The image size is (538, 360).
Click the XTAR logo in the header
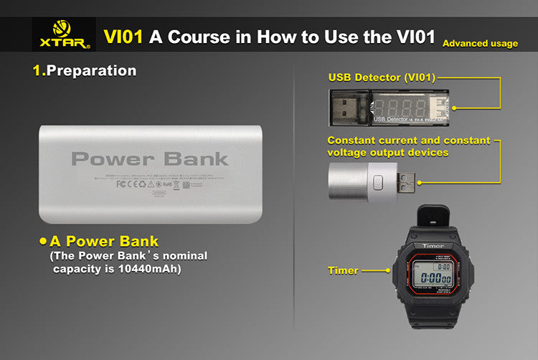tap(63, 37)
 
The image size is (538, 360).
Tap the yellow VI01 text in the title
tap(123, 37)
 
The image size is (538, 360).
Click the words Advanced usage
tap(480, 44)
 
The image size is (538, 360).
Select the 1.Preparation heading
tap(85, 71)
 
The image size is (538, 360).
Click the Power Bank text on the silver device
tap(150, 158)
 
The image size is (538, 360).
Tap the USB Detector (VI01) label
tap(382, 77)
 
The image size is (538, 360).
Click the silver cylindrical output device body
tap(351, 184)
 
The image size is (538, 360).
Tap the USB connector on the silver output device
tap(406, 185)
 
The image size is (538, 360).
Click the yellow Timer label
tap(342, 271)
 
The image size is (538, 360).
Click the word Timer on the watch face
tap(433, 246)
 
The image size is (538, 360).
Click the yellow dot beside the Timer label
tap(388, 271)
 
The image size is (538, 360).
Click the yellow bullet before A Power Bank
tap(42, 241)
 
